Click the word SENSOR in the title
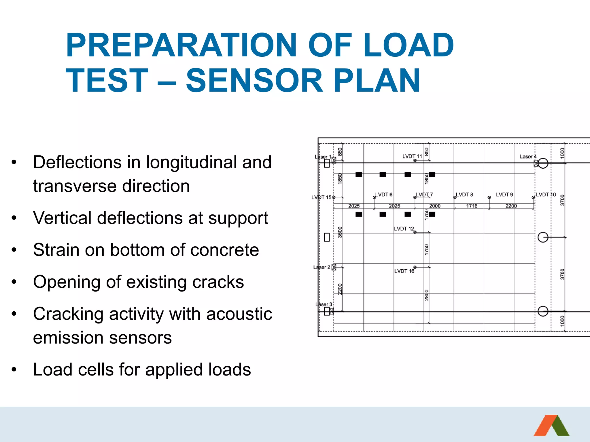255,81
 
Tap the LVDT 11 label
412,156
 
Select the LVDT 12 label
404,229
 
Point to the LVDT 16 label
404,271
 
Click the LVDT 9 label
504,195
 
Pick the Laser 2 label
322,267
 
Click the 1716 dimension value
472,206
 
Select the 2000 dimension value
435,206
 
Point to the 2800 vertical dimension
427,295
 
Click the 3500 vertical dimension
340,232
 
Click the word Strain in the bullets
56,250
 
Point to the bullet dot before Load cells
14,369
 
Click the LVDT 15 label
321,197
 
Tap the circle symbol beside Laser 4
543,163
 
